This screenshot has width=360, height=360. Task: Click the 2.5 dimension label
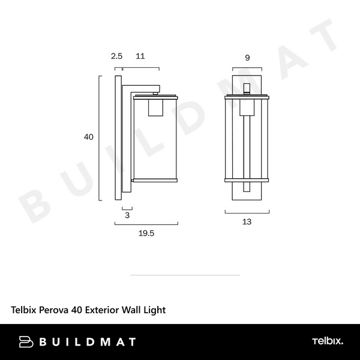pos(116,56)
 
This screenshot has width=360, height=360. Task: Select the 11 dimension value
pos(140,56)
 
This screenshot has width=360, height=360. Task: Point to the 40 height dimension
pos(88,137)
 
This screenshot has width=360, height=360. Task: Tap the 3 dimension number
pos(127,214)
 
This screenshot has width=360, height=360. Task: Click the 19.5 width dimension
pos(146,234)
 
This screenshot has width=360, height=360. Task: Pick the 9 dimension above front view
pos(247,58)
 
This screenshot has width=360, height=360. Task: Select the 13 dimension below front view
pos(247,221)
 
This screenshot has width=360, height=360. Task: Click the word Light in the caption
pos(154,310)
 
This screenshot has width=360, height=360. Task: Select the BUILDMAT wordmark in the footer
pos(87,342)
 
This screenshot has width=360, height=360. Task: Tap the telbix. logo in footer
pos(327,341)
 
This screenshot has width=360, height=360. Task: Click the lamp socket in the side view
pos(155,107)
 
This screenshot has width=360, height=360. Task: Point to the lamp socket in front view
pos(247,107)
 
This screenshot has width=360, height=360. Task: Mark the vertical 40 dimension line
pos(99,137)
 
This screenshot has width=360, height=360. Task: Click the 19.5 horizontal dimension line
pos(146,224)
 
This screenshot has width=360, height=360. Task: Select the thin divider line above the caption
pos(185,275)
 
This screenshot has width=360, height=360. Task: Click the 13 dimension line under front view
pos(247,212)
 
